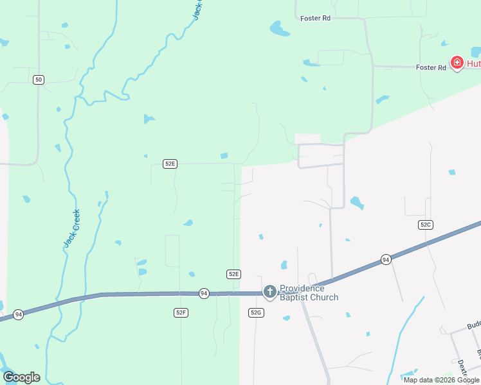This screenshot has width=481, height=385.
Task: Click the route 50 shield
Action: point(39,80)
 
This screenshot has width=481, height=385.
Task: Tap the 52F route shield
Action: point(181,312)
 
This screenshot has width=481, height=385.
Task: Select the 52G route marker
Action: point(256,312)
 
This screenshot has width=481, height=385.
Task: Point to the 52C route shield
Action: point(425,224)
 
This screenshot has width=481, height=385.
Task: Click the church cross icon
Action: point(270,293)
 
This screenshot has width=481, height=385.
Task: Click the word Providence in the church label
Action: point(302,289)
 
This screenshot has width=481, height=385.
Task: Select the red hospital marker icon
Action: point(457,62)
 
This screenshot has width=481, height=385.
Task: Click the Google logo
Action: point(21,377)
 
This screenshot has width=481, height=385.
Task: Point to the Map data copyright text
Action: point(441,380)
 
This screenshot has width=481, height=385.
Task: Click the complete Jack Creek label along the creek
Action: point(71,228)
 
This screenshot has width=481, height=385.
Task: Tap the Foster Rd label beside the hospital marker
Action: point(430,67)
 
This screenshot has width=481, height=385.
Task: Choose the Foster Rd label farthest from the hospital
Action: point(315,19)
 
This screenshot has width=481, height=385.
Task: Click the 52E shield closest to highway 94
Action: point(233,274)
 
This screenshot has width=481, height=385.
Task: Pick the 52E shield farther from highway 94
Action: point(170,164)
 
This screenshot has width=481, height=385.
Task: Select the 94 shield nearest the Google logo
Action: point(18,314)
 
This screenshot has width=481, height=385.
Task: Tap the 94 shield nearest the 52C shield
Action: point(385,259)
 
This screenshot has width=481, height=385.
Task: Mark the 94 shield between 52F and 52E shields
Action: point(204,293)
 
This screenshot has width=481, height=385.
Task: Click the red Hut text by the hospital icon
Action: point(473,63)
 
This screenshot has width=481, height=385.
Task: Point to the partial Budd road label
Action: point(473,325)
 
